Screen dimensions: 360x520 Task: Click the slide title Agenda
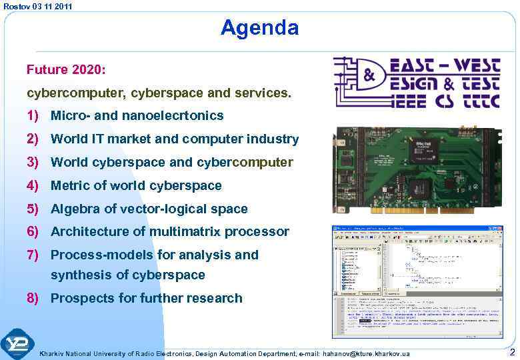point(259,28)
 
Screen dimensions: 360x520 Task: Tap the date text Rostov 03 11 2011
point(37,6)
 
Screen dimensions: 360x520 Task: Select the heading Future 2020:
point(66,69)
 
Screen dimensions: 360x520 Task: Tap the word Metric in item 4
point(71,185)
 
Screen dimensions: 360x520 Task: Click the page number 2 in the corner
point(511,352)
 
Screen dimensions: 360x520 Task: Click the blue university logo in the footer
point(18,345)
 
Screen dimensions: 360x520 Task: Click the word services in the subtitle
point(263,93)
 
